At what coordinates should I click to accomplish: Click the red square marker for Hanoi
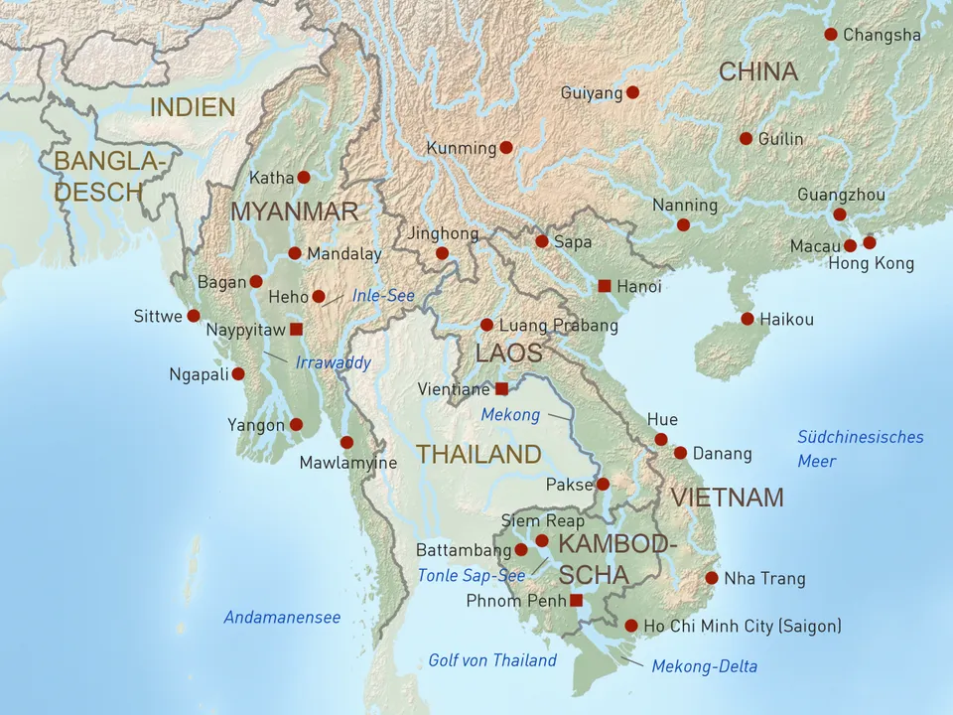click(605, 286)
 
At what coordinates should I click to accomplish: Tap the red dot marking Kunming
click(506, 147)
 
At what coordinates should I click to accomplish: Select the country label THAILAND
click(478, 455)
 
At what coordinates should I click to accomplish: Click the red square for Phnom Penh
click(576, 600)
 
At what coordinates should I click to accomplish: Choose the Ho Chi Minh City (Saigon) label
click(742, 626)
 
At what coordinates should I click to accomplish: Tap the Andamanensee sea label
click(282, 618)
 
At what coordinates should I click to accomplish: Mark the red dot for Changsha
click(831, 34)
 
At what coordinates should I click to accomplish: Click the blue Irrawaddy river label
click(333, 362)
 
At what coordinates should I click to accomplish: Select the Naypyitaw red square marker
click(295, 329)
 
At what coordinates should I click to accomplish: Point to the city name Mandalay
click(343, 254)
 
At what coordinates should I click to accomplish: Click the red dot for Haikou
click(748, 319)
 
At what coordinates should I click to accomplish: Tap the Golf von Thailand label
click(492, 660)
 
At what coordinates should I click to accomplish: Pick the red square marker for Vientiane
click(501, 388)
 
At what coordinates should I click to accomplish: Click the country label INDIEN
click(193, 107)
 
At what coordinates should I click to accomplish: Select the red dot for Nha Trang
click(712, 578)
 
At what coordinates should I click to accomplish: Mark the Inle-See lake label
click(383, 296)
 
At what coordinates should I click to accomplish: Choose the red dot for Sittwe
click(194, 316)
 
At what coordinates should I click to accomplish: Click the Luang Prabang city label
click(558, 325)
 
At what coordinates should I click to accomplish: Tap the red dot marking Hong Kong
click(870, 242)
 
